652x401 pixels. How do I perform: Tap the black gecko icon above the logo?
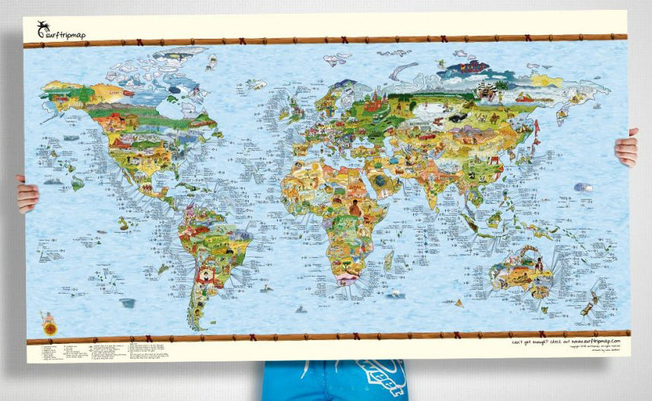(43, 27)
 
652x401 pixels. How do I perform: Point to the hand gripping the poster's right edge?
(627, 148)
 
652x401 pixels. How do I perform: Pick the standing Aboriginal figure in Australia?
(539, 266)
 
